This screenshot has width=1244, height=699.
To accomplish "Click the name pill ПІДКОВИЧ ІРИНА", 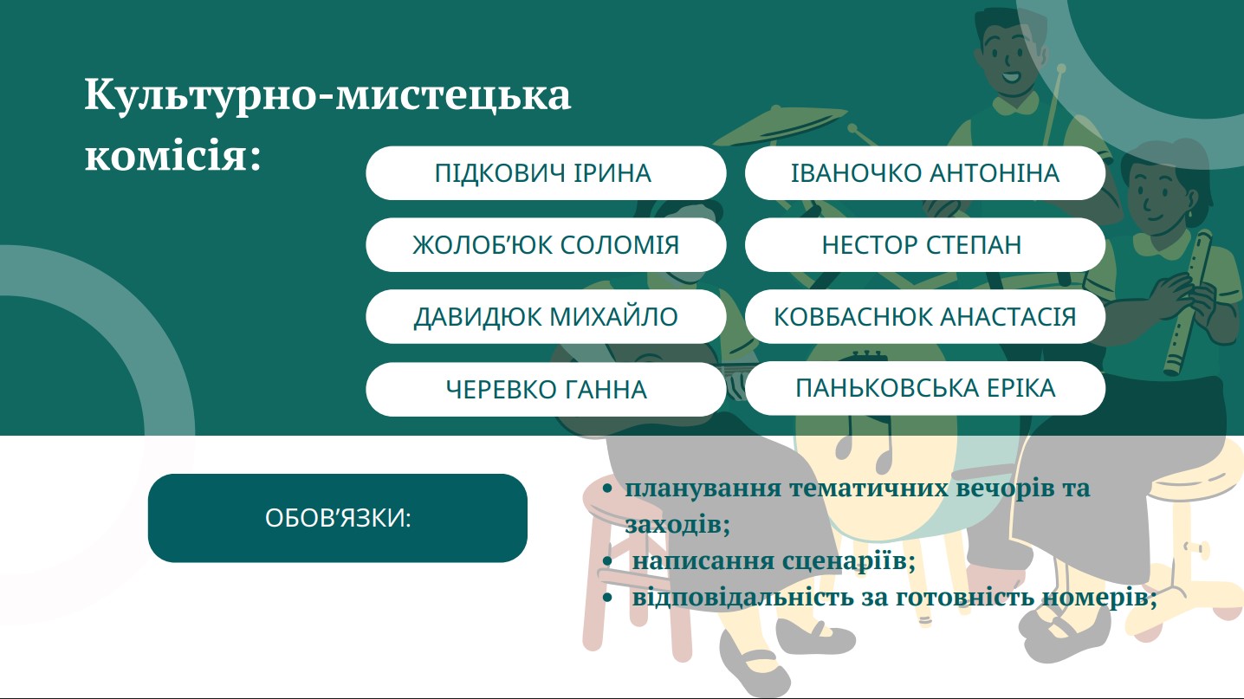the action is tap(546, 172).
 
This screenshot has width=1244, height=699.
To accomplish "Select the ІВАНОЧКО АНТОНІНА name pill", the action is tap(924, 172).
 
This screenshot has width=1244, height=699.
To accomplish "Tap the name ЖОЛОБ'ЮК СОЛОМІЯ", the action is tap(546, 245).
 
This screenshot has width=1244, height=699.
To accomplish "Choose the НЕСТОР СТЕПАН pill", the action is tap(924, 245).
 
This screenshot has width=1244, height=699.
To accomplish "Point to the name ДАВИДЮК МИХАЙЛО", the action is tap(546, 316).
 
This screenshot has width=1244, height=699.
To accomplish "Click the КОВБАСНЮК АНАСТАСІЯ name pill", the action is tap(924, 316).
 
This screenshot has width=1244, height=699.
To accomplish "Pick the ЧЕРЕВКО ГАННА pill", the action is tap(546, 389).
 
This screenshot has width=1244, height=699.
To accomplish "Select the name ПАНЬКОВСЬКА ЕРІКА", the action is tap(924, 388).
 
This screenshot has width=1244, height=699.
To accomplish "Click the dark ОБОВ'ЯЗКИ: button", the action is tap(338, 518).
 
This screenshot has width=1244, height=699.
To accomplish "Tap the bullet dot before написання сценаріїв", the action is tap(607, 561).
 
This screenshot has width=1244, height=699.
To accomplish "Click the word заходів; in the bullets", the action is tap(677, 525).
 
